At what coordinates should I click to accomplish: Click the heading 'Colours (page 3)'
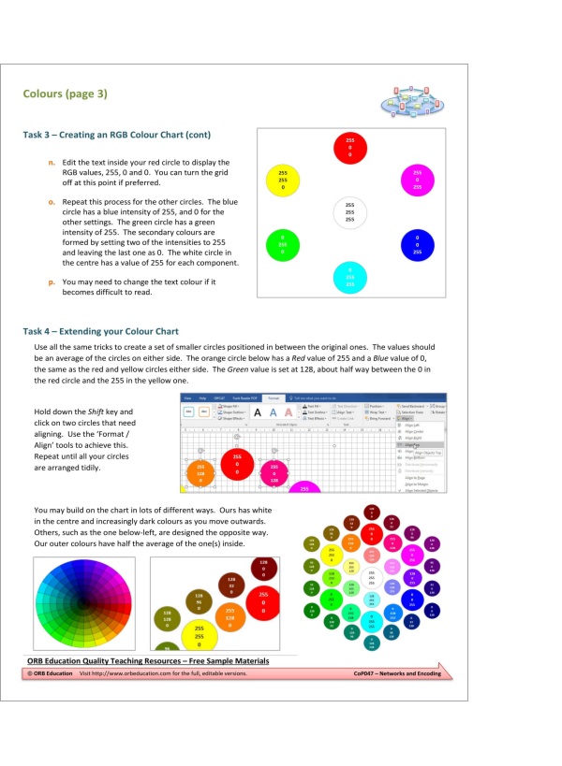pyautogui.click(x=66, y=94)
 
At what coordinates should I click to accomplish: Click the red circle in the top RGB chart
pyautogui.click(x=348, y=148)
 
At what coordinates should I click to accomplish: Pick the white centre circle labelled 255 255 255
pyautogui.click(x=349, y=213)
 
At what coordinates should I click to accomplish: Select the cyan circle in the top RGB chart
pyautogui.click(x=349, y=277)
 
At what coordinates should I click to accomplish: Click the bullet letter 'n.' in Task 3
pyautogui.click(x=52, y=163)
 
